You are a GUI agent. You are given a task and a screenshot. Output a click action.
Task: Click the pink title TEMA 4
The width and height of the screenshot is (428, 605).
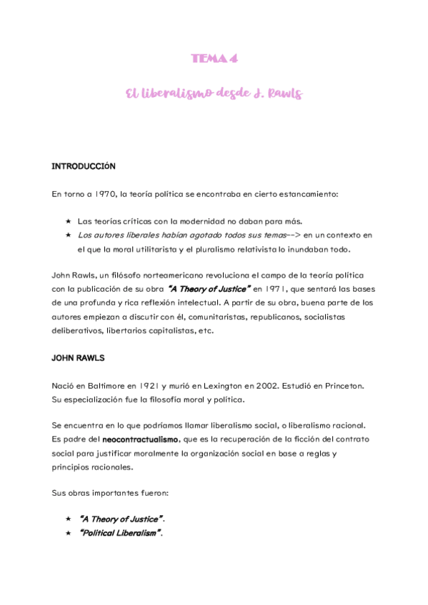tap(214, 59)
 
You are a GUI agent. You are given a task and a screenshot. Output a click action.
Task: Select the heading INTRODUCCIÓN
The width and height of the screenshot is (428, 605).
tap(84, 166)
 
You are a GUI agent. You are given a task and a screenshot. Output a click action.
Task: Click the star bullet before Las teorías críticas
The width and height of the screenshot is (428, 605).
tap(68, 220)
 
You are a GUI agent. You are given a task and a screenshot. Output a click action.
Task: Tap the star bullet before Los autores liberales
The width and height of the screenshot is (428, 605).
tap(68, 234)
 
